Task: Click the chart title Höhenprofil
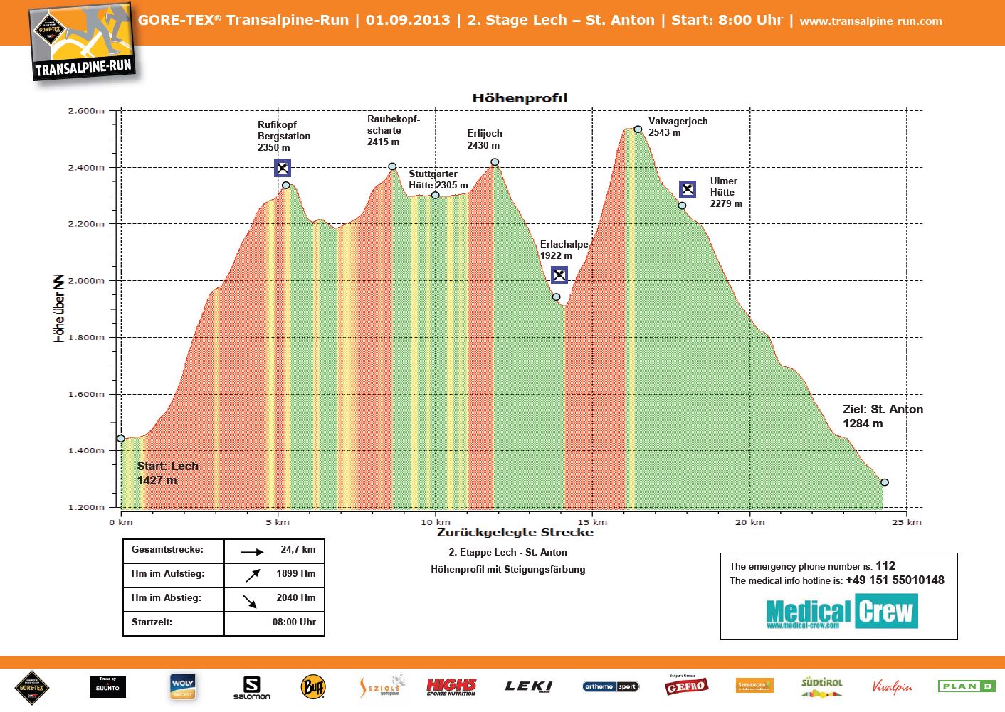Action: [x=520, y=98]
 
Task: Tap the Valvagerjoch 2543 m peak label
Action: [x=678, y=127]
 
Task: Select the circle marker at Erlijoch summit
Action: [x=495, y=162]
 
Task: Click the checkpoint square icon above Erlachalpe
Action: [x=559, y=275]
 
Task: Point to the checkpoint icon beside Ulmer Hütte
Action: [x=687, y=189]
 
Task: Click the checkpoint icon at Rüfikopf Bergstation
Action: [x=283, y=169]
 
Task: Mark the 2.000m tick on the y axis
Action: [x=86, y=281]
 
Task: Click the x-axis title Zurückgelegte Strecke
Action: [x=515, y=532]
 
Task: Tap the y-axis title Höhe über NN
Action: [x=59, y=308]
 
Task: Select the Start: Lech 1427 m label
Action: [x=167, y=473]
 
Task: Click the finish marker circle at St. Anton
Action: [x=885, y=482]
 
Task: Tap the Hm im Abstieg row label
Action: [x=167, y=598]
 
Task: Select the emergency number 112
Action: [x=885, y=566]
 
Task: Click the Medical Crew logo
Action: [x=841, y=612]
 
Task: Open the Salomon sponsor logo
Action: [x=251, y=688]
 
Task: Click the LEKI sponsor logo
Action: [x=528, y=686]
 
